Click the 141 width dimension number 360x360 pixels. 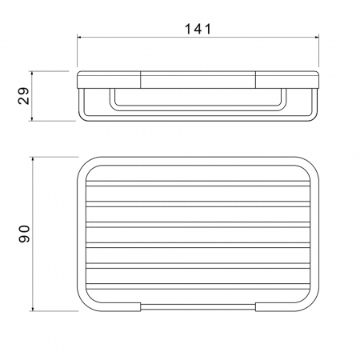pos(198,29)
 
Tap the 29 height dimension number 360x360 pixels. pos(23,96)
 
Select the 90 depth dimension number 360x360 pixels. pos(24,234)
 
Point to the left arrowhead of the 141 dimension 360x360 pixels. pos(79,38)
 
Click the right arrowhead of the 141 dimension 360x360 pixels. pos(317,38)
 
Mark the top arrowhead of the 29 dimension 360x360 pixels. pos(32,74)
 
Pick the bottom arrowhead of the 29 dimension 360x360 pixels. pos(32,118)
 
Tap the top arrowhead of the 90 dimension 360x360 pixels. pos(33,159)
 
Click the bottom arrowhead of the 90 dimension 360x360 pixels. pos(33,309)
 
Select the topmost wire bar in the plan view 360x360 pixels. pos(198,183)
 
